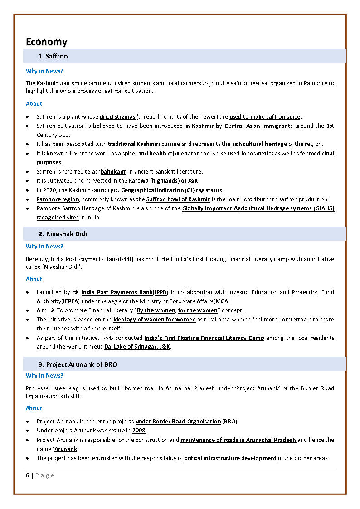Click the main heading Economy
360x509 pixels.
[46, 42]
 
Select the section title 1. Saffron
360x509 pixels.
[53, 56]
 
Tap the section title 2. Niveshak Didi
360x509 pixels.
[63, 234]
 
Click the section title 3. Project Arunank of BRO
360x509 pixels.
[78, 364]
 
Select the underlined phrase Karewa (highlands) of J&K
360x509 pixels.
[163, 181]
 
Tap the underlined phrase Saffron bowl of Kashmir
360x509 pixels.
[178, 199]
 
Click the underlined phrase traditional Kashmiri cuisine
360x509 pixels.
[144, 144]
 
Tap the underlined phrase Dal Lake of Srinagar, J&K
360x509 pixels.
[137, 347]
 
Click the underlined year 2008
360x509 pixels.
[139, 431]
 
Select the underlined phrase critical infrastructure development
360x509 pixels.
[230, 458]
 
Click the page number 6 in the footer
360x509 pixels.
[28, 475]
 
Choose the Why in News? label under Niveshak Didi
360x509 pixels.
[44, 247]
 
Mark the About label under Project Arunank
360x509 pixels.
[34, 408]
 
